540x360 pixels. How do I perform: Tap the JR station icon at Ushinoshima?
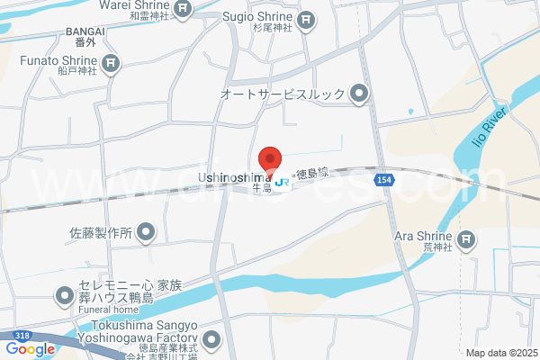[283, 182]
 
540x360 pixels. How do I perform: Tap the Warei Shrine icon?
[183, 10]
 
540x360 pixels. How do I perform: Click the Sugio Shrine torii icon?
[306, 18]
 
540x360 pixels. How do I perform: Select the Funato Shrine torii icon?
[110, 62]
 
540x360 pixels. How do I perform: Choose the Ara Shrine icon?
[465, 238]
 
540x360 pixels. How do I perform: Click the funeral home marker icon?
[64, 294]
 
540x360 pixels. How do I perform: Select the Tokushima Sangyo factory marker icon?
[211, 339]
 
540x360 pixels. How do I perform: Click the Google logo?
[30, 349]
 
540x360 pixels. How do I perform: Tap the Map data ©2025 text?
[499, 353]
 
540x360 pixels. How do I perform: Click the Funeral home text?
[107, 305]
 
